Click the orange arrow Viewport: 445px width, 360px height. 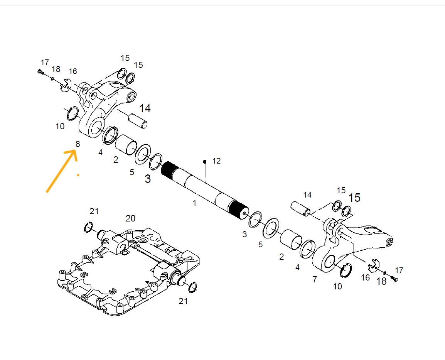click(x=61, y=171)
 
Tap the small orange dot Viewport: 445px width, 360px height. click(x=78, y=176)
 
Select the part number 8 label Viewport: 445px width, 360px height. click(x=78, y=144)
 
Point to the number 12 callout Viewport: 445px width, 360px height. click(x=217, y=161)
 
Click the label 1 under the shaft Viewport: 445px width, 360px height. click(x=194, y=203)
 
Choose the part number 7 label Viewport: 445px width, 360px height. click(x=315, y=280)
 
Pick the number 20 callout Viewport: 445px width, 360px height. click(x=131, y=218)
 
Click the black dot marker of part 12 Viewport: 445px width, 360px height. click(x=205, y=162)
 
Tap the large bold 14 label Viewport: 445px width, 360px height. click(x=145, y=108)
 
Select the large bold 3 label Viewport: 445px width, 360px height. click(x=148, y=179)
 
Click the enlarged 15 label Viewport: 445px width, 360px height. click(x=354, y=198)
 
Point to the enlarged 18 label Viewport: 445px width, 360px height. click(x=381, y=281)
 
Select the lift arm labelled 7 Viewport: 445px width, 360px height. click(x=352, y=245)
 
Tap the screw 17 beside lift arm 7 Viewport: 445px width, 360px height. click(x=394, y=279)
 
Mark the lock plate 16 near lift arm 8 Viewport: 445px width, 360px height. click(x=66, y=85)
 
